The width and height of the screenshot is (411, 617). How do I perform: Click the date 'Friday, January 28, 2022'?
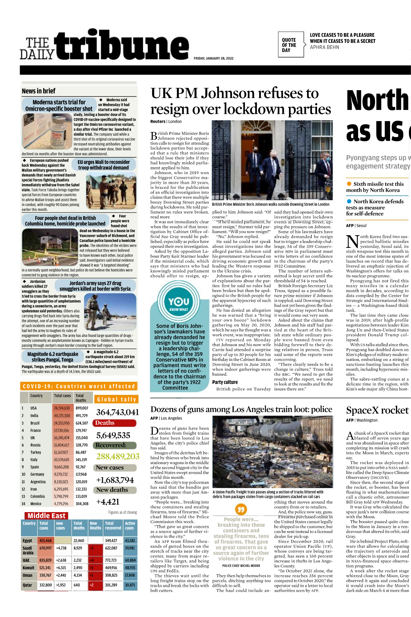point(213,58)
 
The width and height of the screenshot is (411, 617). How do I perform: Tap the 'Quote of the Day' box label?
point(289,45)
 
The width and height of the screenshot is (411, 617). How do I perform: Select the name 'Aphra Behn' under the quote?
point(324,47)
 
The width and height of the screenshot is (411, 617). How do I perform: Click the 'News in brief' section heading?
point(38,91)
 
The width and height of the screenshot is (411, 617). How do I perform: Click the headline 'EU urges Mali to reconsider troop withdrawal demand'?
point(104,165)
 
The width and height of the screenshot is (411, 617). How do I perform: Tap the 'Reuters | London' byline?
point(166,121)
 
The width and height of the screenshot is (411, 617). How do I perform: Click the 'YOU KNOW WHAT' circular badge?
point(179,303)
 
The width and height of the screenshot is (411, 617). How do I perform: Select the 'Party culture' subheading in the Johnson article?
point(225,382)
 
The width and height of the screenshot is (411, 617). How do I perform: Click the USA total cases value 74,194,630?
point(62,408)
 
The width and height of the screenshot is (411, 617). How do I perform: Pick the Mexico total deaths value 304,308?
point(82,504)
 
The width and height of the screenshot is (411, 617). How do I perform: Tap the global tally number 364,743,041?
point(117,412)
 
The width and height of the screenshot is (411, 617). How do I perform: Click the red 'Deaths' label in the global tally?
point(105,423)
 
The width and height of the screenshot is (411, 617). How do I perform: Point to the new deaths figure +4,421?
point(108,502)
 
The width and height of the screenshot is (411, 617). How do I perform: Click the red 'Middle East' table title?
point(47,516)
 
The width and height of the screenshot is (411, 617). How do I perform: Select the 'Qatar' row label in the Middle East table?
point(27,585)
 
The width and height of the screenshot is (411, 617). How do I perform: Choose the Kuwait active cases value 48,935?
point(130,568)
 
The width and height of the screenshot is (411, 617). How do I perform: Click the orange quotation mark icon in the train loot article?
point(241,509)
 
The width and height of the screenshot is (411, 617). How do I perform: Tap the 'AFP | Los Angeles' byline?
point(166,418)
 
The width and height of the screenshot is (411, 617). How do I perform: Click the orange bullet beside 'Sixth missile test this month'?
point(349,184)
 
